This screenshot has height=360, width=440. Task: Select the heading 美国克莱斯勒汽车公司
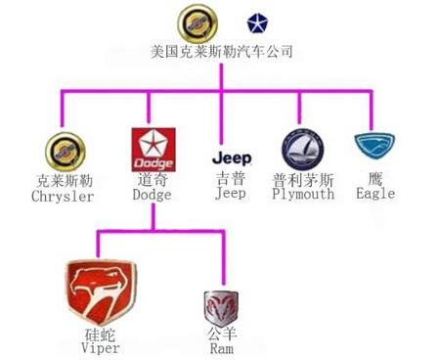pos(222,51)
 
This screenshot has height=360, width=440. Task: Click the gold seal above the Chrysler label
pos(64,152)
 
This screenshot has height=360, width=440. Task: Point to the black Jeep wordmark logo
pos(232,157)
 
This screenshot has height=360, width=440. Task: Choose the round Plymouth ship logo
pos(302,150)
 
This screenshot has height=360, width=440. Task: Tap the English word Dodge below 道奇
pos(152,196)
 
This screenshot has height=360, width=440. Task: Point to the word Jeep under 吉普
pos(231,194)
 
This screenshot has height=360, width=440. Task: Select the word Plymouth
pos(303,194)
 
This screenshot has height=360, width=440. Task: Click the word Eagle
pos(376,194)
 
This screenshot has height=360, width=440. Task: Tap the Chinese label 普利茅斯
pos(303,180)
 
